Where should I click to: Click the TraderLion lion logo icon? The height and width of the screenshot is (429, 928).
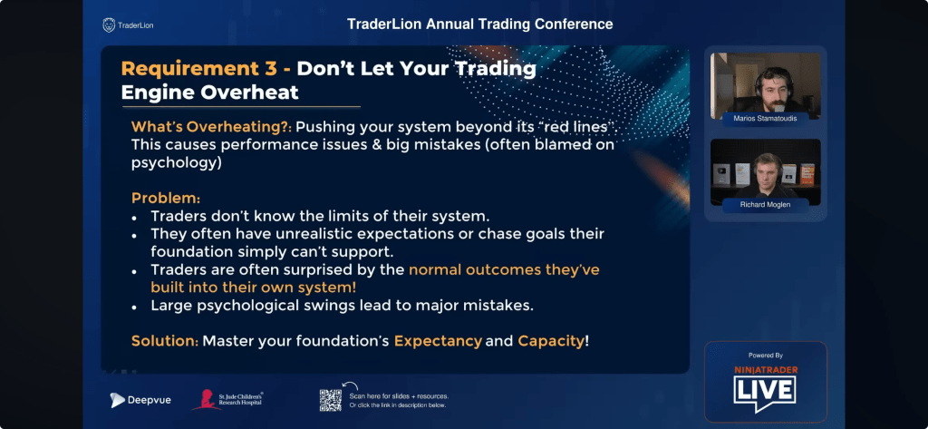click(x=109, y=24)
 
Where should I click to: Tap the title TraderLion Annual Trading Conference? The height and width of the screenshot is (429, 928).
click(x=480, y=24)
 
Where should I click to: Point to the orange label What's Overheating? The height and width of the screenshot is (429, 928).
click(x=212, y=127)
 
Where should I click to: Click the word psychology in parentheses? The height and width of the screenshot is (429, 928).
click(x=177, y=163)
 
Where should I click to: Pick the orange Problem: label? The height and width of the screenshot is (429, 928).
click(x=166, y=198)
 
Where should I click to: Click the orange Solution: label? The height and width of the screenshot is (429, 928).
click(x=165, y=341)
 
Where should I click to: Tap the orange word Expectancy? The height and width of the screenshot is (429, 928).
click(x=438, y=341)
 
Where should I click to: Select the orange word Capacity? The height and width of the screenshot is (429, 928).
click(x=551, y=341)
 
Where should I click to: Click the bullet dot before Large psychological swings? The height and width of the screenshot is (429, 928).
click(x=135, y=307)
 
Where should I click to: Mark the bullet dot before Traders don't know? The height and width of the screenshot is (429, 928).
click(x=135, y=218)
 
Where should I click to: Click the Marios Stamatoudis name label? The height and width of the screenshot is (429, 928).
click(x=765, y=117)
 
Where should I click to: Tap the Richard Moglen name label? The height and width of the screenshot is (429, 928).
click(x=765, y=204)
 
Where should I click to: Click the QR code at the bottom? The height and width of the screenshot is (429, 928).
click(x=331, y=400)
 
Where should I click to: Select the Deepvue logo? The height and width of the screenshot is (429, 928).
click(x=140, y=400)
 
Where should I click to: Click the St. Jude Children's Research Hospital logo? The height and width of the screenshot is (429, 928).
click(x=227, y=399)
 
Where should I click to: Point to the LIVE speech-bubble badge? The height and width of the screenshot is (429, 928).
click(x=765, y=391)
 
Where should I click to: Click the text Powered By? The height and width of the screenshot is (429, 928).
click(x=765, y=356)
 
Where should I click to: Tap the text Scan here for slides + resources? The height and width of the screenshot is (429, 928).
click(x=399, y=396)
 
